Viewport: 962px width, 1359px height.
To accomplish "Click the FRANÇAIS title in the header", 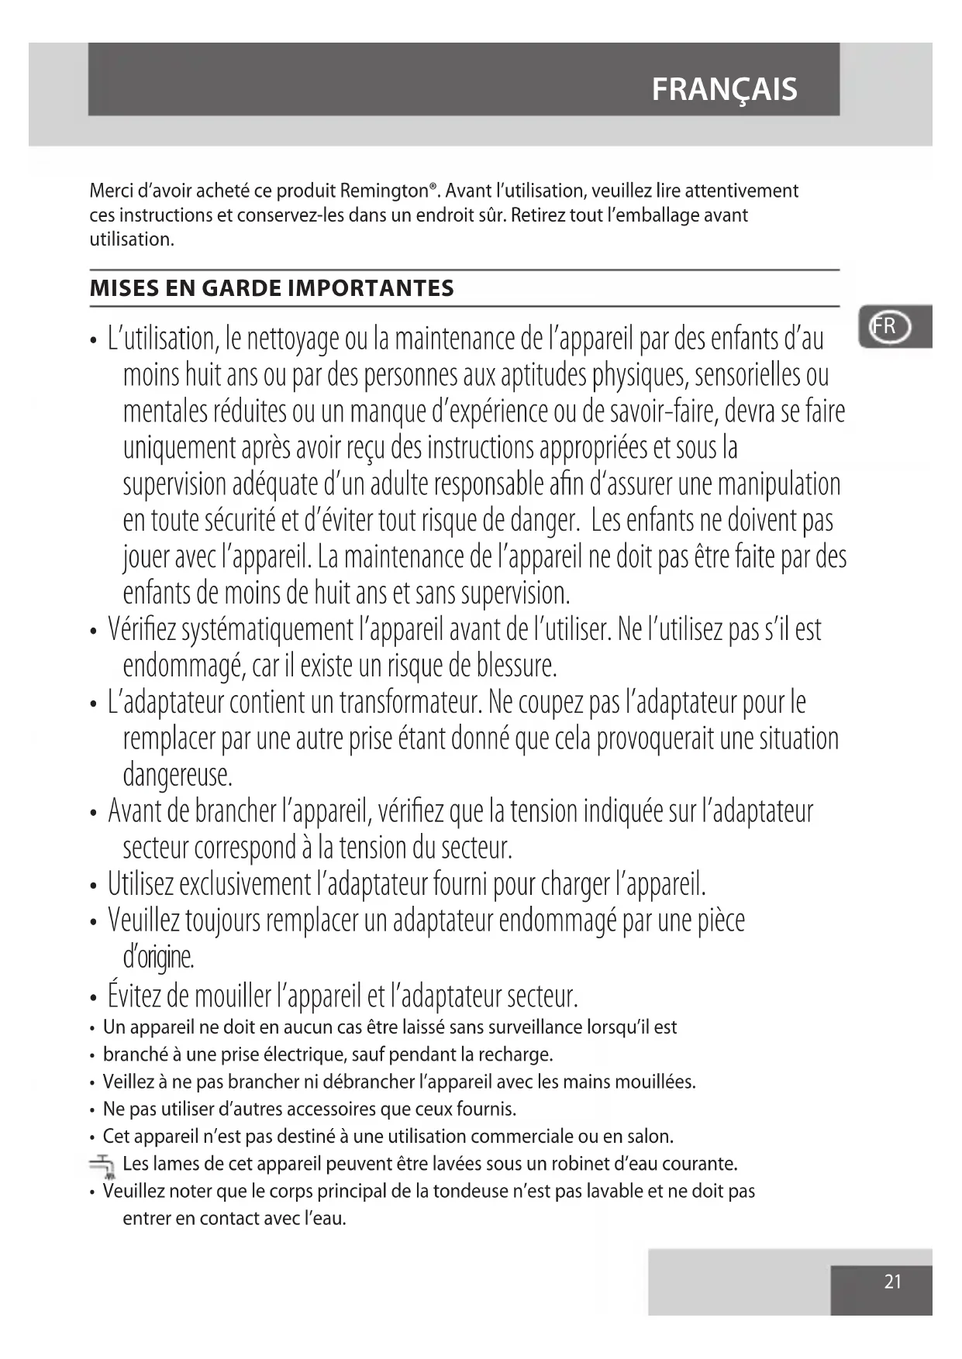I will coord(724,89).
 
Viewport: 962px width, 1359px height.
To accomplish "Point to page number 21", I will coord(892,1282).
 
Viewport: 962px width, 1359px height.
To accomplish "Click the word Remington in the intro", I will coord(387,191).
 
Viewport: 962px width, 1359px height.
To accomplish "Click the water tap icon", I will coord(102,1165).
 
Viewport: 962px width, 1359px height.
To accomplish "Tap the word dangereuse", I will coord(178,775).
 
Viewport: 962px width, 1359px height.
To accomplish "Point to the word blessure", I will coord(517,666).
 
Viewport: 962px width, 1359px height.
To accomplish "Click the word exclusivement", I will coord(246,884).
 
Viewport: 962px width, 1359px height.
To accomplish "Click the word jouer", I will coord(145,557).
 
